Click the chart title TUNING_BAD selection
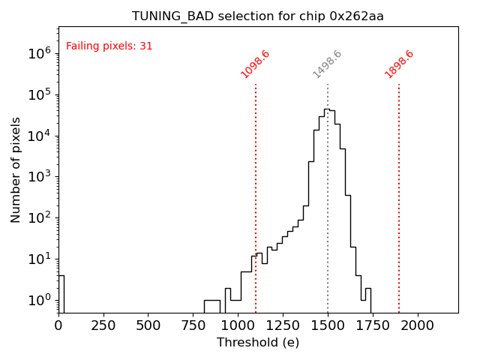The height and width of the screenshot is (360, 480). (x=258, y=16)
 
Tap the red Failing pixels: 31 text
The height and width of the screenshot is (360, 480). (x=109, y=46)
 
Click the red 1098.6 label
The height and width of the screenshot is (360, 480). (x=255, y=64)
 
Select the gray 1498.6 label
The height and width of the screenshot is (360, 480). (x=327, y=64)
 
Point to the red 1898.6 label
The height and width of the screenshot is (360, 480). (x=399, y=64)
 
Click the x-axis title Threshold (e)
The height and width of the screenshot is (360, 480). (x=258, y=343)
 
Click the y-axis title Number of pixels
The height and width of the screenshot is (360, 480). (x=16, y=169)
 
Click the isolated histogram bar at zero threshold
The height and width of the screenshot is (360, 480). (x=61, y=292)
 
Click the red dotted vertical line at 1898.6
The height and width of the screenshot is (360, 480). (x=399, y=195)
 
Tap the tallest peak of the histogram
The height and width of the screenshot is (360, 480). (x=327, y=110)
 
